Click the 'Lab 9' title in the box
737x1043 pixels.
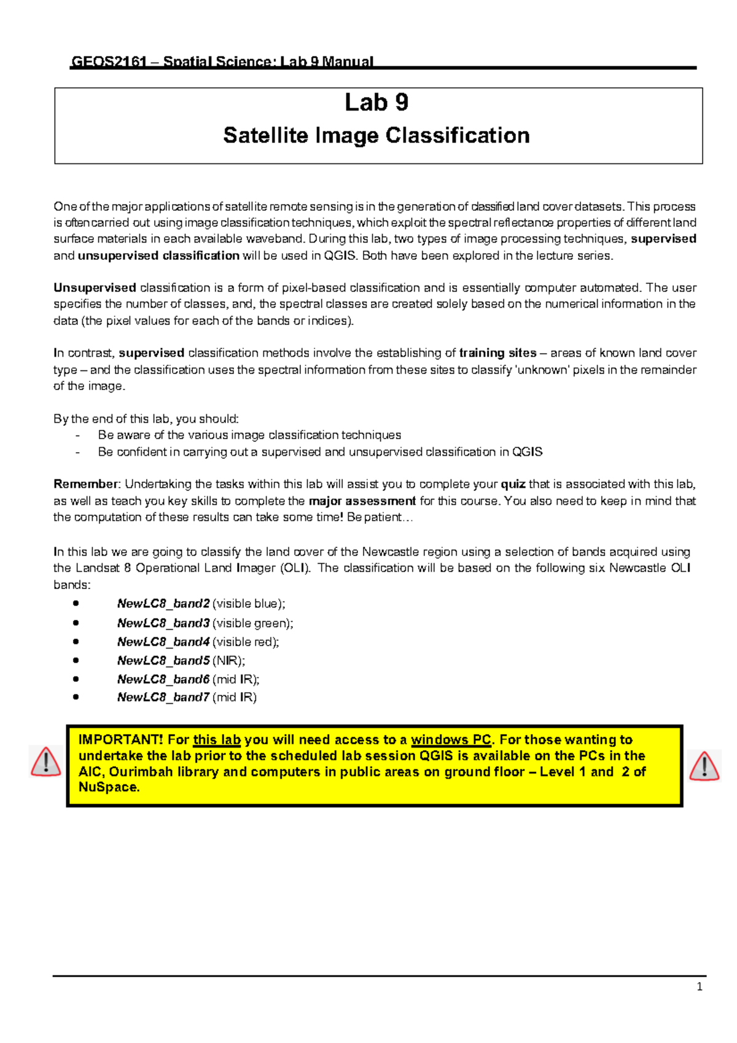pyautogui.click(x=376, y=103)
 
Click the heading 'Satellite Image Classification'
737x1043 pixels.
pyautogui.click(x=376, y=136)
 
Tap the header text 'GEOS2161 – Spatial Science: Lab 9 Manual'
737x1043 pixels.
pyautogui.click(x=222, y=61)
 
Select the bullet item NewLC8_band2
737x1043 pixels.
pyautogui.click(x=163, y=604)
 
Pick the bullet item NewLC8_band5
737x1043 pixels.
pyautogui.click(x=163, y=661)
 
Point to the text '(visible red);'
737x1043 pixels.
pyautogui.click(x=246, y=642)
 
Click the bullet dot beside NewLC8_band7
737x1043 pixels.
pyautogui.click(x=76, y=697)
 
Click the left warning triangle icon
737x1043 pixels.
pyautogui.click(x=45, y=762)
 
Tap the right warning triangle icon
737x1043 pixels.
pyautogui.click(x=704, y=766)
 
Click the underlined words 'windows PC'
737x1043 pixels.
pyautogui.click(x=451, y=740)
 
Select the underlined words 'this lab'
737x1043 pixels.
pyautogui.click(x=217, y=740)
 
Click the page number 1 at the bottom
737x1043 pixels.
pyautogui.click(x=700, y=987)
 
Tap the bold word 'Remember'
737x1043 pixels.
pyautogui.click(x=85, y=484)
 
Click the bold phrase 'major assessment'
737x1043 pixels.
pyautogui.click(x=362, y=501)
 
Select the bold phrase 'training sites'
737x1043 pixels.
pyautogui.click(x=497, y=353)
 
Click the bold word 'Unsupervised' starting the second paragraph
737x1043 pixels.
pyautogui.click(x=95, y=287)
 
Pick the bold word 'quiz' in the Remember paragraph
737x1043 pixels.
pyautogui.click(x=513, y=484)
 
